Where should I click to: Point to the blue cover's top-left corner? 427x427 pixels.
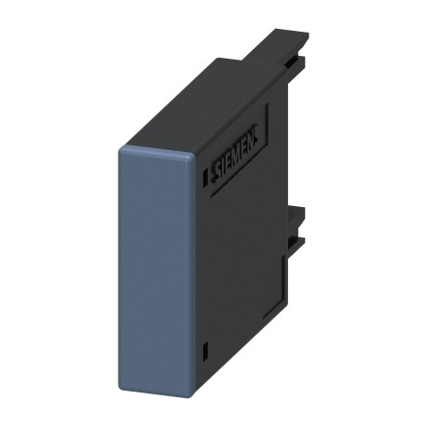pyautogui.click(x=121, y=149)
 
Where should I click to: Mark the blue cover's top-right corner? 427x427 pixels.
pyautogui.click(x=194, y=153)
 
